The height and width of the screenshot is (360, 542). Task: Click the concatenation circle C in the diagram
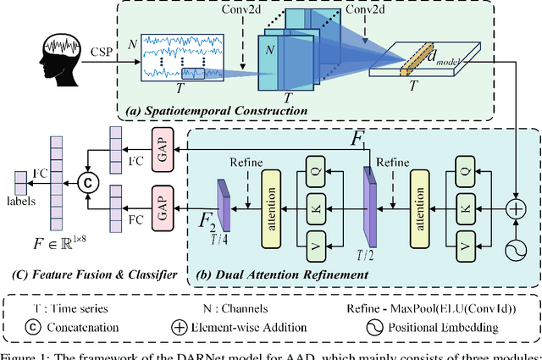(85, 179)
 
